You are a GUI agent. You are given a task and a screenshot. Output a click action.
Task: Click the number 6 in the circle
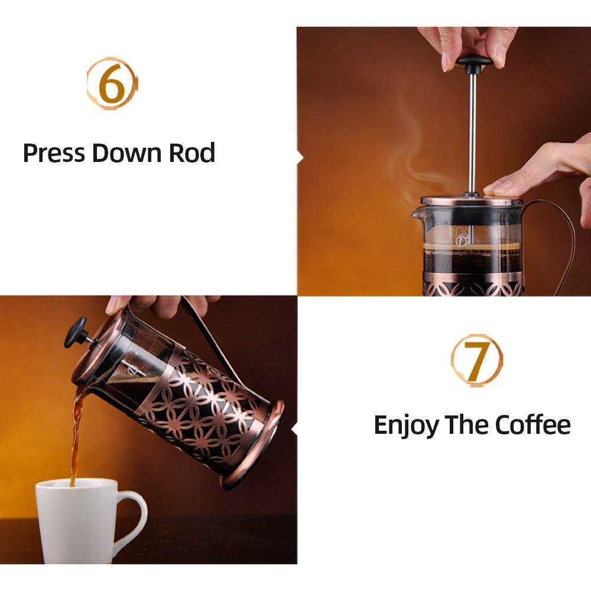[x=112, y=83]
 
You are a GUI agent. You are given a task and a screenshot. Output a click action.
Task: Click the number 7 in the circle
[x=476, y=361]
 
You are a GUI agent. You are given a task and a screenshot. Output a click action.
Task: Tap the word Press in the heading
[x=54, y=153]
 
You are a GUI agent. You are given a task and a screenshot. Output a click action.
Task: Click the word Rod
[x=192, y=153]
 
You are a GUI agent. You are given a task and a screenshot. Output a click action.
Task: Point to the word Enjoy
[x=406, y=425]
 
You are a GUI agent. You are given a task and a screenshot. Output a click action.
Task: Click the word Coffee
[x=532, y=425]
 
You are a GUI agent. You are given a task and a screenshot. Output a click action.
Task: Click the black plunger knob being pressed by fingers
[x=473, y=61]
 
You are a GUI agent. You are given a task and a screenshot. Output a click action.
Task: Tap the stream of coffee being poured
[x=76, y=437]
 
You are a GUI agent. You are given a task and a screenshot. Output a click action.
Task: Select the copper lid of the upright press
[x=467, y=202]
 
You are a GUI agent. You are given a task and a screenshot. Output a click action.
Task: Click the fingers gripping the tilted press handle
[x=160, y=304]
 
